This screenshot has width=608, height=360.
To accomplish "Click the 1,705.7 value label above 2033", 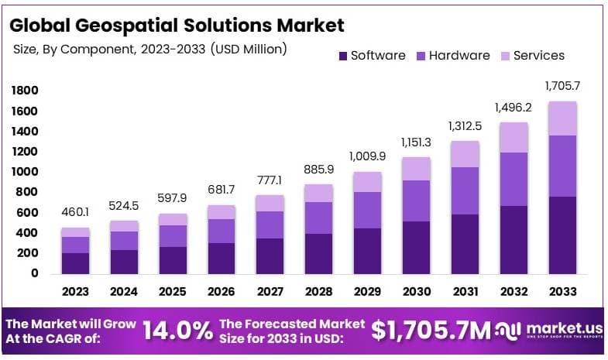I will click(x=562, y=86).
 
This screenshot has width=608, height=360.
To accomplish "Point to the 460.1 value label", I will click(x=75, y=212).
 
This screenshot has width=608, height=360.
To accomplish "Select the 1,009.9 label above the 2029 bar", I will click(x=367, y=156).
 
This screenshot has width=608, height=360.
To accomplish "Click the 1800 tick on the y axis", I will click(x=25, y=91).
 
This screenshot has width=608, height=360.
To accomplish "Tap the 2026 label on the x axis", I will click(x=222, y=292).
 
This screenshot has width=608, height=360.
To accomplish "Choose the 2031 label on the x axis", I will click(x=465, y=292).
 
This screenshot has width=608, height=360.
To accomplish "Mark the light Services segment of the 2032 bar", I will click(x=513, y=138).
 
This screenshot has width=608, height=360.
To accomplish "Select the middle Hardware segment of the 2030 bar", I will click(x=416, y=201).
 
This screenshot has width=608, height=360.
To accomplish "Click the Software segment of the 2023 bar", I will click(x=75, y=262).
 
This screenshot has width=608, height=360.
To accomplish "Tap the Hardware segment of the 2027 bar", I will click(x=270, y=225).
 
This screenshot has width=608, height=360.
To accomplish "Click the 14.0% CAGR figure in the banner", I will click(x=177, y=331).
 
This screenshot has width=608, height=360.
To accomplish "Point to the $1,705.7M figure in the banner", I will click(x=431, y=331).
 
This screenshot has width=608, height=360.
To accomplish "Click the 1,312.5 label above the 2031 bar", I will click(x=465, y=126).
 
